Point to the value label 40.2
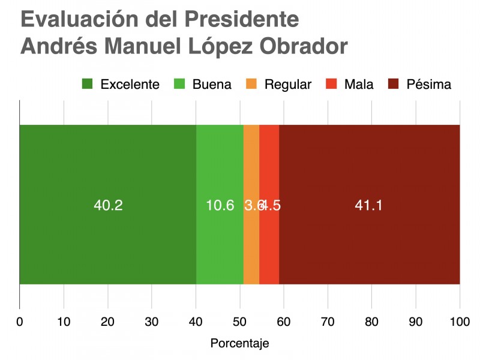108,205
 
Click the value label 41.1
369,205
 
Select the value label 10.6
220,205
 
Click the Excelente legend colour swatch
88,84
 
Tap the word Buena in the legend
212,84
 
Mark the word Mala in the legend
359,84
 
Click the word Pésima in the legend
428,84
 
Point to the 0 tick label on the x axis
20,321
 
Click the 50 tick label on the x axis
240,321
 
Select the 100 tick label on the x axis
460,321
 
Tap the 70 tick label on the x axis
328,321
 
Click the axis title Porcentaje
240,344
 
